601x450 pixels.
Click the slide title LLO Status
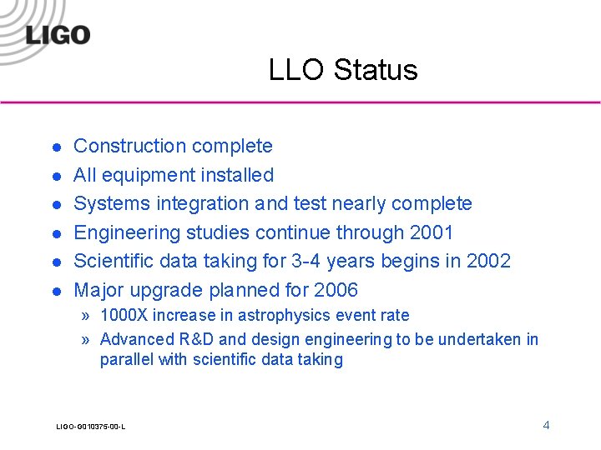(342, 70)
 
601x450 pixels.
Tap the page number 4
(546, 425)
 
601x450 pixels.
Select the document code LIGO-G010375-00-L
(90, 427)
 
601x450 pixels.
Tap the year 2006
(336, 290)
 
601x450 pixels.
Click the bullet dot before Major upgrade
(55, 291)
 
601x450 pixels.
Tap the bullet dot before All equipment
(55, 176)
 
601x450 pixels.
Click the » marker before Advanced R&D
(86, 339)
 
